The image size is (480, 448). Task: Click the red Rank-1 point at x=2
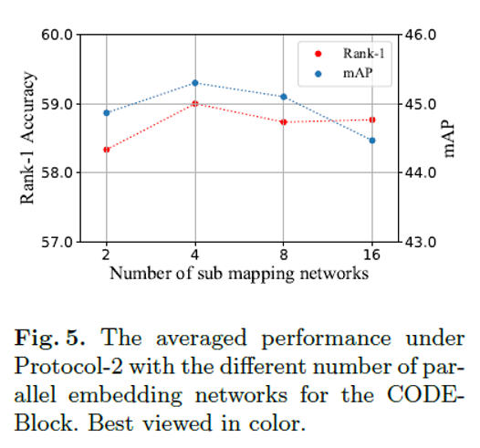pyautogui.click(x=107, y=150)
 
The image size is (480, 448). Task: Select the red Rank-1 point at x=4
pyautogui.click(x=195, y=104)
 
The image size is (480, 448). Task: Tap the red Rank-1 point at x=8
pyautogui.click(x=284, y=122)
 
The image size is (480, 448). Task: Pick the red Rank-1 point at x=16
pyautogui.click(x=372, y=120)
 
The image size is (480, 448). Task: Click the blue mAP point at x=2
pyautogui.click(x=107, y=113)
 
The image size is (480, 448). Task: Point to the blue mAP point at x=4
pyautogui.click(x=195, y=83)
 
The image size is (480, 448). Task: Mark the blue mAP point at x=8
pyautogui.click(x=284, y=97)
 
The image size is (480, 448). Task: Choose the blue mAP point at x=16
pyautogui.click(x=372, y=141)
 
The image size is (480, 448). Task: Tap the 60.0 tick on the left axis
pyautogui.click(x=57, y=35)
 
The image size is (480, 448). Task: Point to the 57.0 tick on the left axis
pyautogui.click(x=57, y=242)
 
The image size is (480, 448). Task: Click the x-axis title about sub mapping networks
pyautogui.click(x=239, y=272)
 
